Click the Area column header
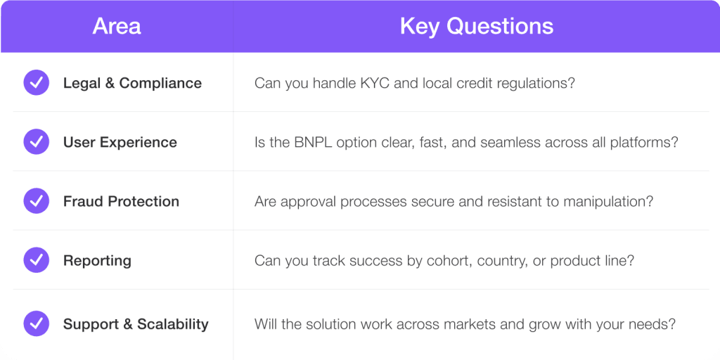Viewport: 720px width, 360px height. [x=117, y=26]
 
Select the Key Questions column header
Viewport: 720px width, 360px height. [x=477, y=26]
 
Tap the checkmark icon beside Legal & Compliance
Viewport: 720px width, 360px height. [x=37, y=83]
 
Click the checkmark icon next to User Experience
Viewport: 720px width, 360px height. [x=37, y=142]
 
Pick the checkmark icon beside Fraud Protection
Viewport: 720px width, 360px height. [x=37, y=201]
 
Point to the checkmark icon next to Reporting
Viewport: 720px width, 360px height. [x=37, y=260]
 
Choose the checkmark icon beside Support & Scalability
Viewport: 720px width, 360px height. [x=37, y=323]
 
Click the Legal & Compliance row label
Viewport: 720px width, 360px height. [x=132, y=83]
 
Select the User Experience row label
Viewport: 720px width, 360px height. [x=120, y=142]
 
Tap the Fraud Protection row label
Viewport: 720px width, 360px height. [x=121, y=202]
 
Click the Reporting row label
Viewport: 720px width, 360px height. [x=97, y=261]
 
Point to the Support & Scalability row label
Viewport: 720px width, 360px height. [x=136, y=324]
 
